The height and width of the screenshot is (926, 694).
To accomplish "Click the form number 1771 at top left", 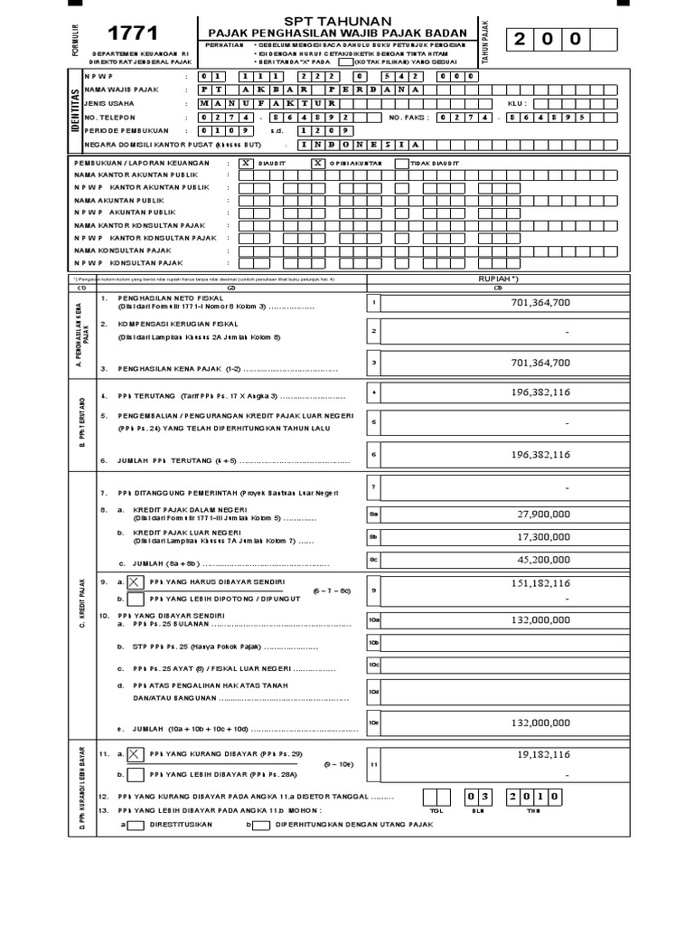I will click(x=133, y=34).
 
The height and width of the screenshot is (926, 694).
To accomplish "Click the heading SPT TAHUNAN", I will click(x=338, y=20).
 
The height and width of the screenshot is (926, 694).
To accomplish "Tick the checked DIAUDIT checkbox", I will click(x=247, y=164).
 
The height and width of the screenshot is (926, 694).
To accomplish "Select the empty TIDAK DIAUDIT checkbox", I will click(x=395, y=164).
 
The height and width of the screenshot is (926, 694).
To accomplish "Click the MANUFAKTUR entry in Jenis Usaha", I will click(x=267, y=103).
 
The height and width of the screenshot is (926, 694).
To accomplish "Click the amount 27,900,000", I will click(x=541, y=514).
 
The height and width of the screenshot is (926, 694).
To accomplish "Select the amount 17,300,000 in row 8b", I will click(x=541, y=536).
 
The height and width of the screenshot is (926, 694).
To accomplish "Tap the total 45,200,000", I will click(x=541, y=560).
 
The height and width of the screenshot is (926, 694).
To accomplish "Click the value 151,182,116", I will click(x=540, y=583).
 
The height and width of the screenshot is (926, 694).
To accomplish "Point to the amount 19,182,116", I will click(x=543, y=753).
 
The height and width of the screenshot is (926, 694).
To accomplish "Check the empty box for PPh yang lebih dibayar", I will click(x=136, y=775).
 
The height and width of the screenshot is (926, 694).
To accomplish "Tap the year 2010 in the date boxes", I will click(x=537, y=797).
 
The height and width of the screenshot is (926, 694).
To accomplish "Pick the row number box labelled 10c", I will click(x=374, y=666).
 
